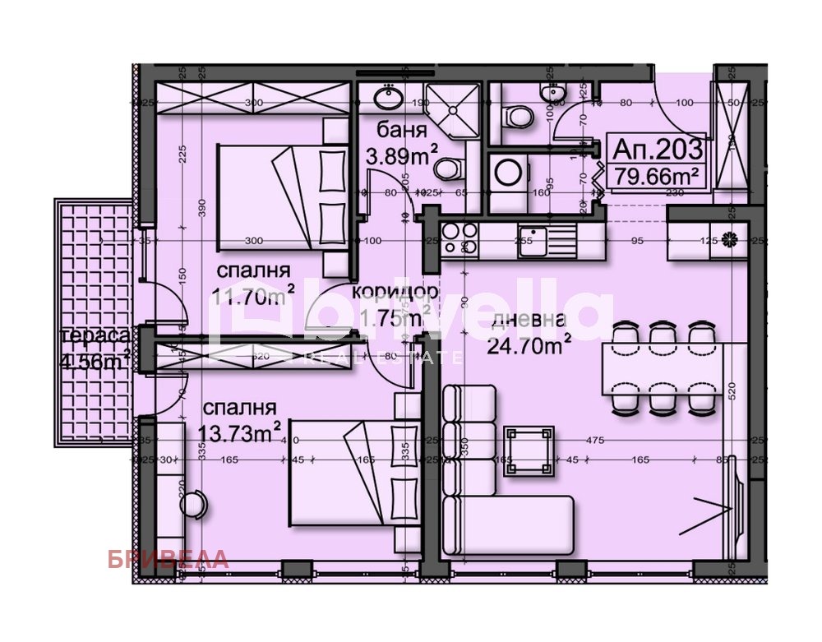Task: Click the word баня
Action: (x=402, y=131)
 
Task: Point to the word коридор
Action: (x=395, y=292)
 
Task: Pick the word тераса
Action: (x=95, y=336)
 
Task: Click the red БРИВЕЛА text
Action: (x=168, y=560)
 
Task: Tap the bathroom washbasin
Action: (x=385, y=97)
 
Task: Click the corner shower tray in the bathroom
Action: (x=451, y=110)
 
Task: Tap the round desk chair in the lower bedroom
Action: (x=193, y=503)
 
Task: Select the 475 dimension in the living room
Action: (x=595, y=441)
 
